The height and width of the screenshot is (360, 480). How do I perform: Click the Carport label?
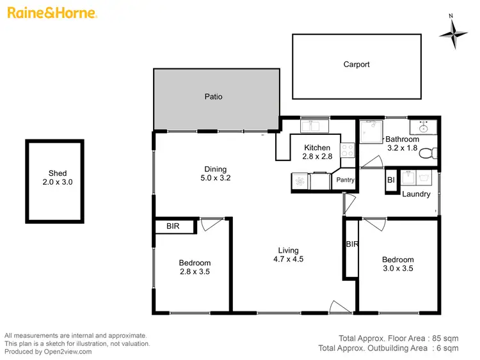pos(356,65)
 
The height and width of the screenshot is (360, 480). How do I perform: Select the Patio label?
pos(213,97)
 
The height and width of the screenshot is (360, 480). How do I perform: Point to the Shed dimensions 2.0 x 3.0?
pos(54,182)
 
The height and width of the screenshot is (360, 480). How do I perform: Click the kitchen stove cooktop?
pos(348,151)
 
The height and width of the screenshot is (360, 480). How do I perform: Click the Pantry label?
pos(345,180)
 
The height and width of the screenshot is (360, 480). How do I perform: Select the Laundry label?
pos(416,194)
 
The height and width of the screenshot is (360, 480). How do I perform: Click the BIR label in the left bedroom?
pos(173,226)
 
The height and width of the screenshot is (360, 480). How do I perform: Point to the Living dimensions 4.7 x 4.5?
pos(288,260)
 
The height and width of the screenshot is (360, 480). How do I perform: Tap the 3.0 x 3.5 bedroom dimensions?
pos(397,269)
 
